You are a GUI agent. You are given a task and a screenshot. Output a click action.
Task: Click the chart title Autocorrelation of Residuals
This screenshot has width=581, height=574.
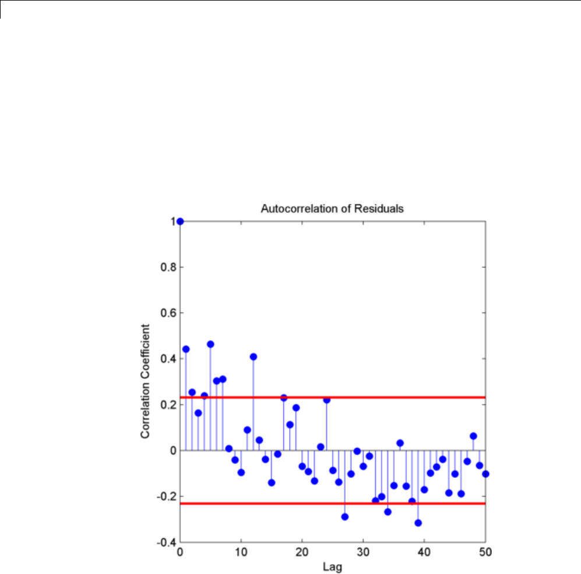332,208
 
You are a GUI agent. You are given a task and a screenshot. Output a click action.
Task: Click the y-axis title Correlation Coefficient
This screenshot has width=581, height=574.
145,381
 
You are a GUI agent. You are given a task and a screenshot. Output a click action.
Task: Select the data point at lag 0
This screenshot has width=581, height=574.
180,221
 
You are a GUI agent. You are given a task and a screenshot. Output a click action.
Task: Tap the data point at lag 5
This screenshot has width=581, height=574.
210,344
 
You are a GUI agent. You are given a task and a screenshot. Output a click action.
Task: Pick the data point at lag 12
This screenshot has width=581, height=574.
253,357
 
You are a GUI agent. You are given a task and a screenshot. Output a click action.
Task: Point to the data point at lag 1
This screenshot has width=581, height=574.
186,349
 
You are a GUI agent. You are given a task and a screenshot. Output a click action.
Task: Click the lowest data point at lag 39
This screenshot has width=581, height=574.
418,523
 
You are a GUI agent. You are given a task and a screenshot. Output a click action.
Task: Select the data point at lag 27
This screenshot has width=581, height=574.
345,517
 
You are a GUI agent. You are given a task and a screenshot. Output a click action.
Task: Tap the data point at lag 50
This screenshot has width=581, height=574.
485,474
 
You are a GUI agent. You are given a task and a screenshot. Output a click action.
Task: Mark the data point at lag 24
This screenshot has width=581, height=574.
327,400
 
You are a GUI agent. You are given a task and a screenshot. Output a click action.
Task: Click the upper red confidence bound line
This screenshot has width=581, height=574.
379,397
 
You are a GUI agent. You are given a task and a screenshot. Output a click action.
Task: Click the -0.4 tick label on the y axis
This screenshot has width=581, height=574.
166,543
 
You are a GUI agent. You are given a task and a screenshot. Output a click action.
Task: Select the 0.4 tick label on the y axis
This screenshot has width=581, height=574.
167,359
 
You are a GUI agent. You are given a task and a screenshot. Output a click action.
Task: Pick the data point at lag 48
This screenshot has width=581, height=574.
473,436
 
